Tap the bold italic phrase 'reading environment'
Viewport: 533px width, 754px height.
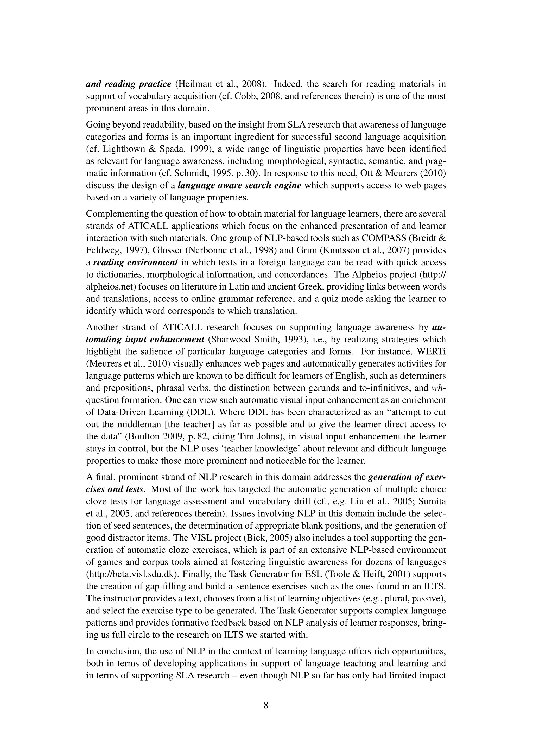point(136,262)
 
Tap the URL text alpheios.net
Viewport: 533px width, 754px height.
point(109,287)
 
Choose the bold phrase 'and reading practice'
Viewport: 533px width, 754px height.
point(128,84)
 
